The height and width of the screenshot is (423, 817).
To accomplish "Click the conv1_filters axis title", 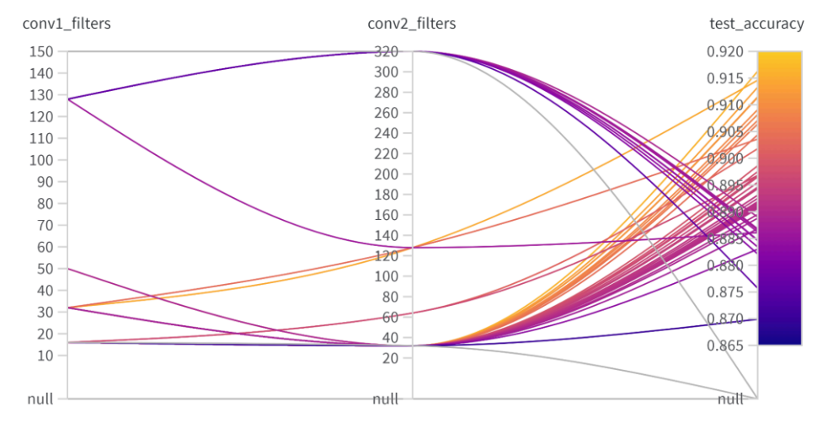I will coord(67,24).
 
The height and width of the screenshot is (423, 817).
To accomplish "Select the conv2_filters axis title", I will coord(412,24).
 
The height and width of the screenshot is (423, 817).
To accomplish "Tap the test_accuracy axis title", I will coord(756,24).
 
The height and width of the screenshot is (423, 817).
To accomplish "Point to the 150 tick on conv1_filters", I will coord(42,51).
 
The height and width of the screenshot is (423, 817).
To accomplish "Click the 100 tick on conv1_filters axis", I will coord(42,160).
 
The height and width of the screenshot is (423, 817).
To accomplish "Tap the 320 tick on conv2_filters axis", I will coord(387,51).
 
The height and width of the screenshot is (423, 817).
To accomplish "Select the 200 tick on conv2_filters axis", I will coord(387,174).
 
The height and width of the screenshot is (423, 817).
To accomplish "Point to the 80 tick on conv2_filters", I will coord(391,297).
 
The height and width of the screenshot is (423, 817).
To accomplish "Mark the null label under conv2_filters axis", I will coord(386,399).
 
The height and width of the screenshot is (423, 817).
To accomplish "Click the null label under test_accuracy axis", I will coord(731,399).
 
